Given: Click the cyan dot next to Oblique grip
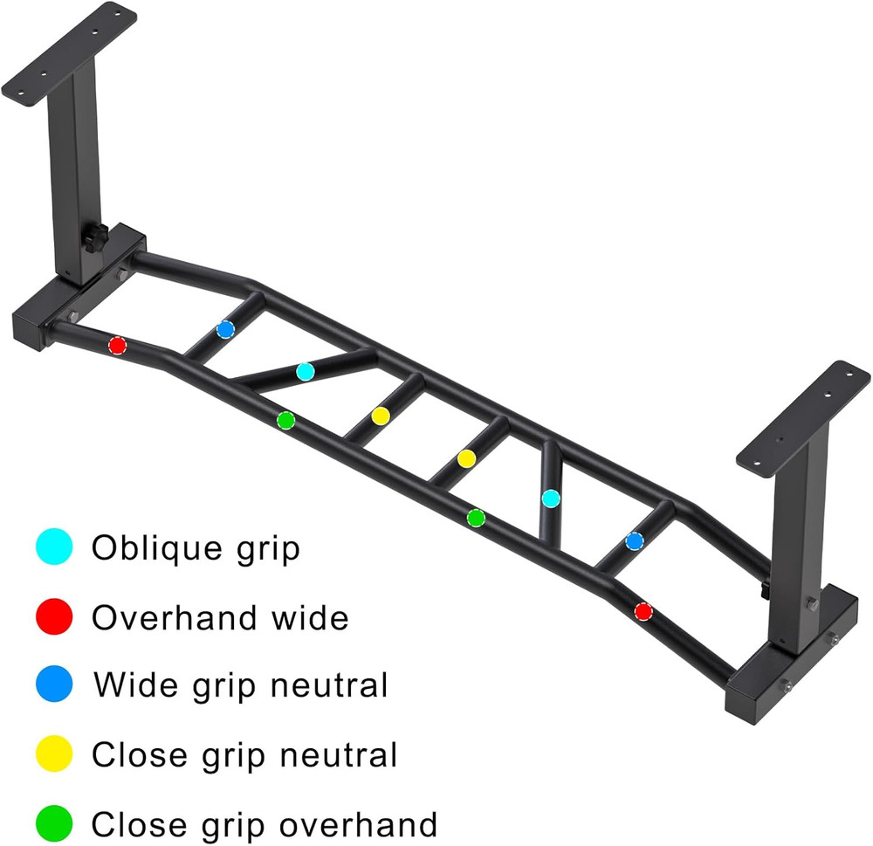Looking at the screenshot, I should [x=54, y=549].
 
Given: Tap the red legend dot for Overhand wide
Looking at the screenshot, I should [x=54, y=618].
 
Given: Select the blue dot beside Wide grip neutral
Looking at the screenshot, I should [x=54, y=685].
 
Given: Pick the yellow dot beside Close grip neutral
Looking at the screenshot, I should [x=54, y=754].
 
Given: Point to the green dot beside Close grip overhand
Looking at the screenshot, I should [x=54, y=823].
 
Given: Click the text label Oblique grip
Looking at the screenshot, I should [x=196, y=549].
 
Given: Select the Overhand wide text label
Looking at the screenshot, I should [x=220, y=618].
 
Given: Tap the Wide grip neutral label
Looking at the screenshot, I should [x=240, y=685].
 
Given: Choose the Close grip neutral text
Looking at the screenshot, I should [x=244, y=754].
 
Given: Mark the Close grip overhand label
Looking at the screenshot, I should [x=264, y=823].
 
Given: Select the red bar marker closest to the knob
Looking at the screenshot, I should [x=117, y=346].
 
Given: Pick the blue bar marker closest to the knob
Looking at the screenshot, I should [x=226, y=329].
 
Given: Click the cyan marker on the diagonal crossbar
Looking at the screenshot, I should [x=305, y=371].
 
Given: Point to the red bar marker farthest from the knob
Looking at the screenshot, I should [x=643, y=611].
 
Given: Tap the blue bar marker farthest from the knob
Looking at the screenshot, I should [x=635, y=541].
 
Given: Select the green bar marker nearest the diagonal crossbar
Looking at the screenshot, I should [x=285, y=421].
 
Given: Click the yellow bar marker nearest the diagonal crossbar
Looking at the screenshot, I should [x=380, y=416].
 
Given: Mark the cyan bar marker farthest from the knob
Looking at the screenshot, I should [x=551, y=499].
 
